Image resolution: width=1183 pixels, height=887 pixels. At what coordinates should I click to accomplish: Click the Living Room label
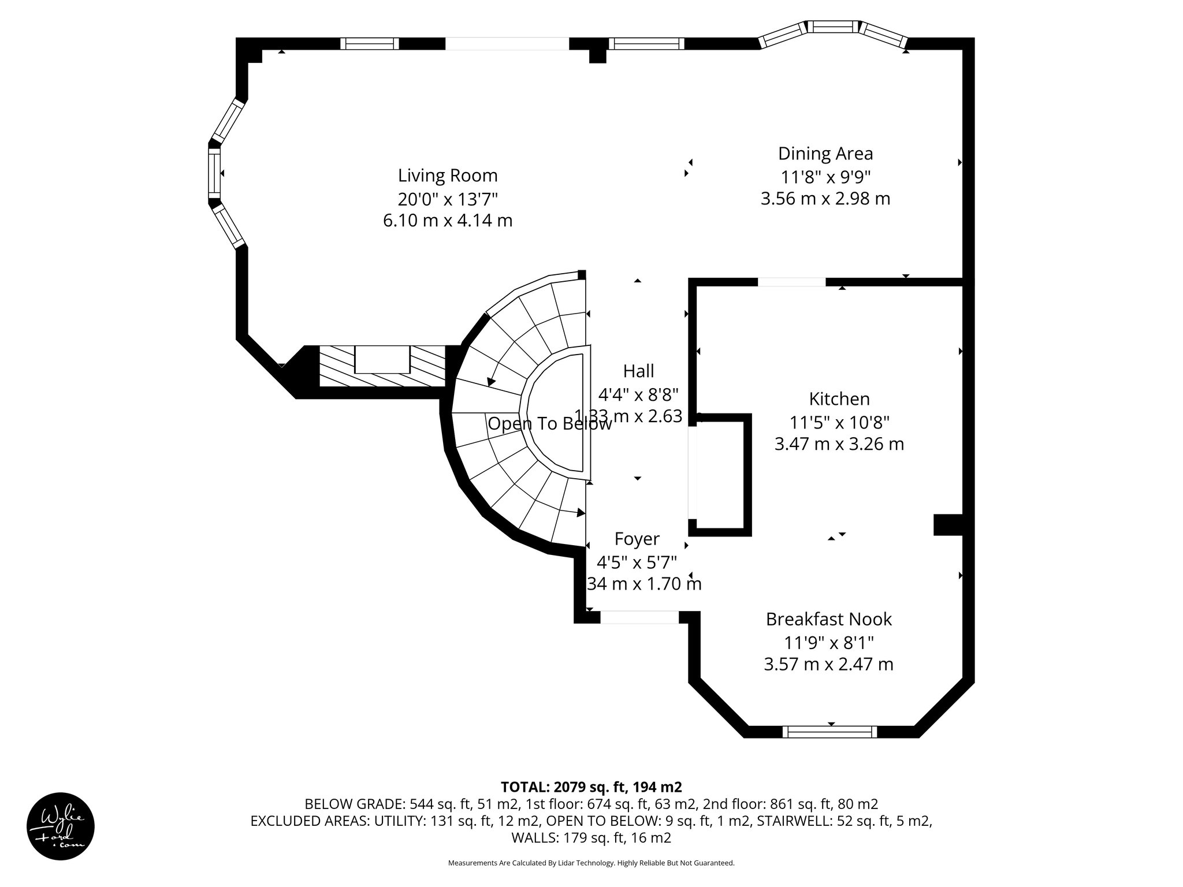coord(448,175)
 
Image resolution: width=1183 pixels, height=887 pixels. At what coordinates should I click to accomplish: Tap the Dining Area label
coord(825,154)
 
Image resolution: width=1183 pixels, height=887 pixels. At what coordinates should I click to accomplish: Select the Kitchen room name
coord(839,399)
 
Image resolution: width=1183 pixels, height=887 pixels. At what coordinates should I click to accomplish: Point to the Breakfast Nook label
coord(828,619)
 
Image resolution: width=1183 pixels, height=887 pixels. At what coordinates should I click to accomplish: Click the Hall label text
coord(638,371)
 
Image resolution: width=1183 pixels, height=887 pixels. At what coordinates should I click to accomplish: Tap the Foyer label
coord(637,539)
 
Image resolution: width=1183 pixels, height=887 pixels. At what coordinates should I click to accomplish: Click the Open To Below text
coord(549,424)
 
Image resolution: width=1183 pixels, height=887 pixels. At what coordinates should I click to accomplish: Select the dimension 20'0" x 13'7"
coord(448,199)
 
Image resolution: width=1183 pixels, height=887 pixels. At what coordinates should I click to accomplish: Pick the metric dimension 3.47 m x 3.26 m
coord(839,444)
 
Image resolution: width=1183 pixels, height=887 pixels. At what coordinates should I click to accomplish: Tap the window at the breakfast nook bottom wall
coord(829,732)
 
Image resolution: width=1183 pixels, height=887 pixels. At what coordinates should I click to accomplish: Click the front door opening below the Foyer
coord(639,617)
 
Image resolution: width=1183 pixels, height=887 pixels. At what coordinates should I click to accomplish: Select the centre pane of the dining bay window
coord(832,27)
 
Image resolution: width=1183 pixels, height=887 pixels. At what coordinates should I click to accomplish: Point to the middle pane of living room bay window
coord(214,173)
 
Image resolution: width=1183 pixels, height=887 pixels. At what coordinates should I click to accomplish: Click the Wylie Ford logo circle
coord(61,826)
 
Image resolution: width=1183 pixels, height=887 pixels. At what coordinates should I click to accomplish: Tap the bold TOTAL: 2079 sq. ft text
coord(590,787)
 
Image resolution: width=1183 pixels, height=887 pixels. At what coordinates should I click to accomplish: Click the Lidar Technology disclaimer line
coord(591,863)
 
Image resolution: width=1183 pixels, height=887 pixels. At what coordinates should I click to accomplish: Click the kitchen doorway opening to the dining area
coord(791,282)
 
